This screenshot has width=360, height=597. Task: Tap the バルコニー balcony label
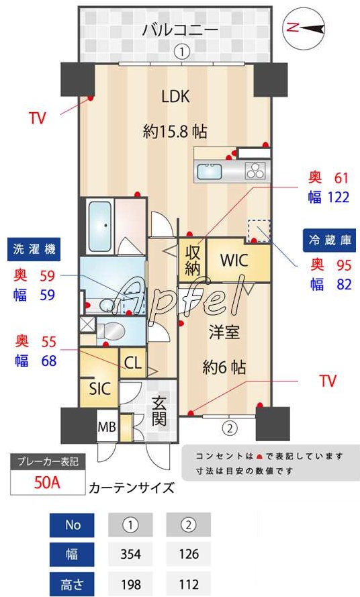pyautogui.click(x=179, y=30)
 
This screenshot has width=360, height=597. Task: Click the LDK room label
pyautogui.click(x=175, y=96)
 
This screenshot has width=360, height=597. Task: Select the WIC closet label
pyautogui.click(x=235, y=260)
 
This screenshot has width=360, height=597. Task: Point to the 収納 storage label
pyautogui.click(x=192, y=261)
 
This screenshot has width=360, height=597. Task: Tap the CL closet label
pyautogui.click(x=133, y=363)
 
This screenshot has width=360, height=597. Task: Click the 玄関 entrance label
pyautogui.click(x=159, y=410)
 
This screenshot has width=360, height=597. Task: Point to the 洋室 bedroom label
pyautogui.click(x=224, y=332)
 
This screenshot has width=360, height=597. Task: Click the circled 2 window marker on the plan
pyautogui.click(x=229, y=427)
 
